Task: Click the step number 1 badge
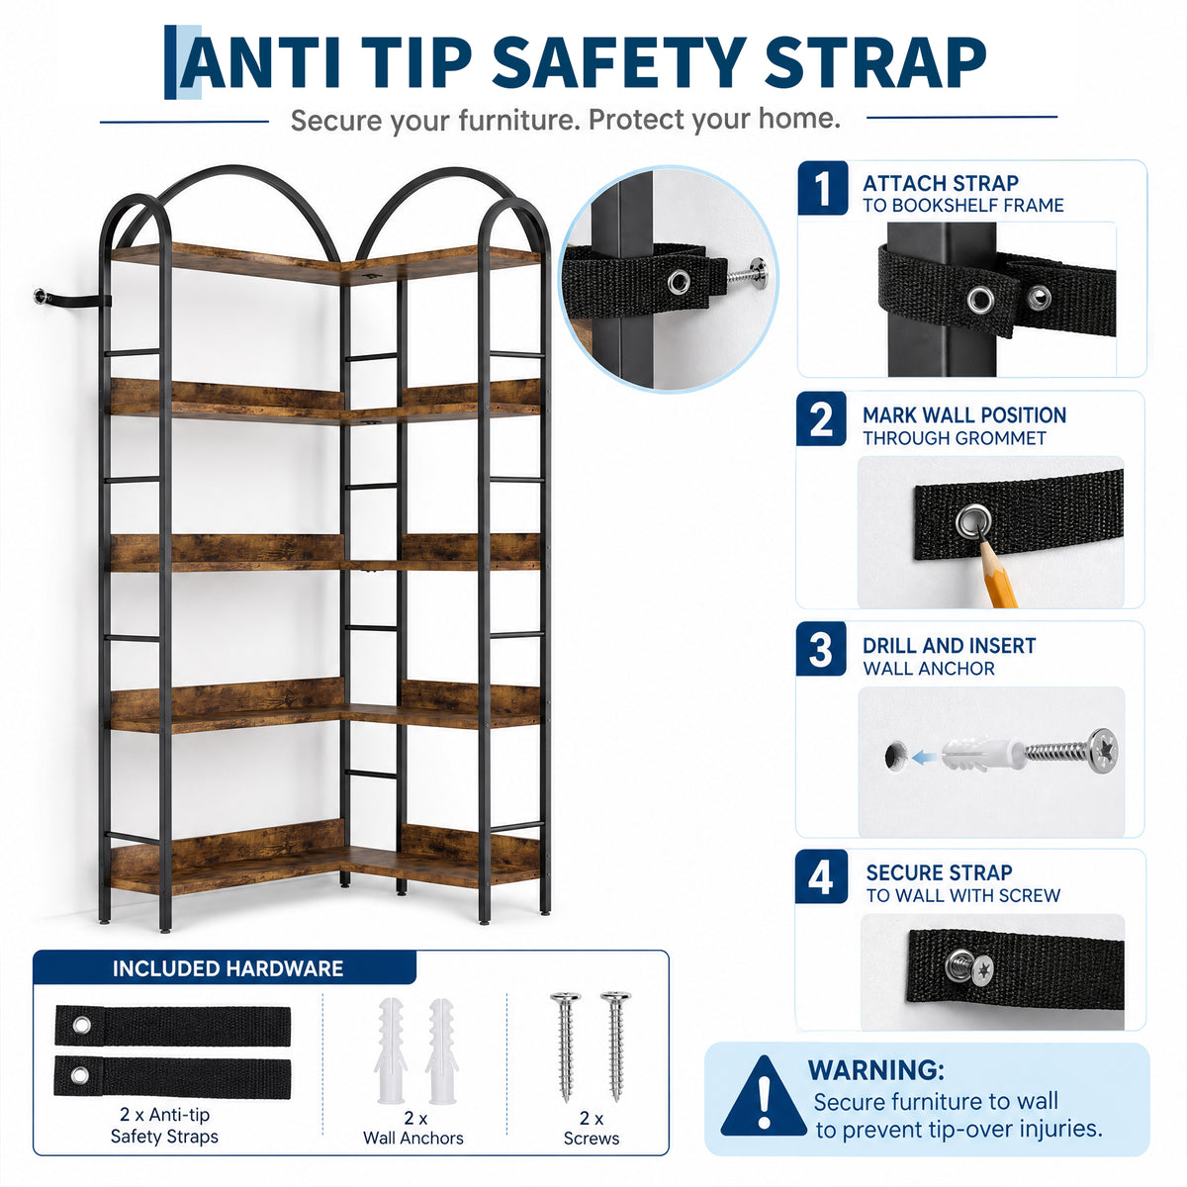822,188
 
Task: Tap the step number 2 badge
821,418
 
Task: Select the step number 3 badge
820,649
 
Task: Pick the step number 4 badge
820,877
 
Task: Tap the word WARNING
875,1070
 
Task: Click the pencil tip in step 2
981,540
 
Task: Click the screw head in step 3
1101,750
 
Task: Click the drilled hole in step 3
895,756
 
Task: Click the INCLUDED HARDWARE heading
228,969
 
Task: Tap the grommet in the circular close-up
680,282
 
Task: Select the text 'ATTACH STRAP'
940,184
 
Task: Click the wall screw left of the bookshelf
42,297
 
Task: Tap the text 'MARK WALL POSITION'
964,415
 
